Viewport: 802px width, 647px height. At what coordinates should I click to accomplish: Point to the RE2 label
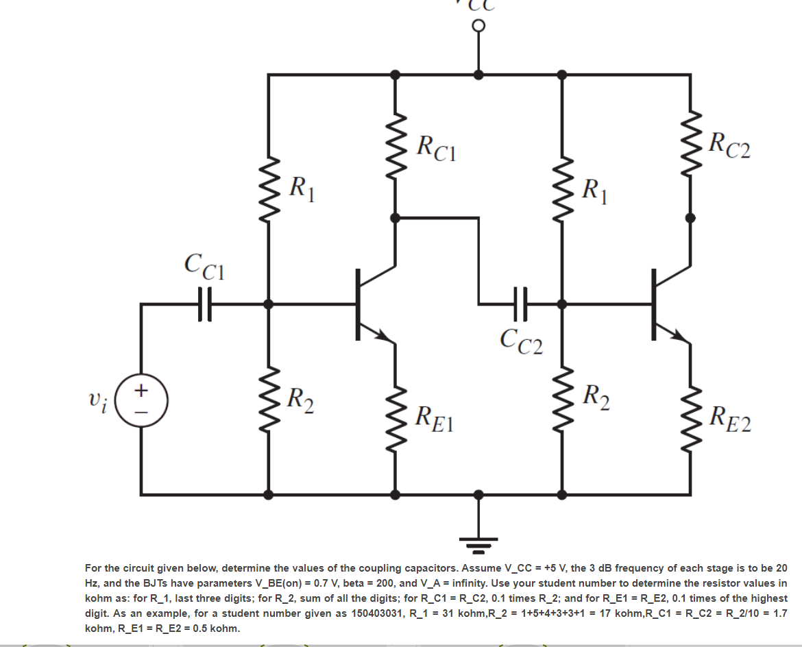(730, 418)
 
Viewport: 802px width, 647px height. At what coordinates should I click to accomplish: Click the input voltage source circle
(141, 400)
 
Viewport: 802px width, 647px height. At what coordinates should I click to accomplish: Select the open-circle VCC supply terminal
(478, 25)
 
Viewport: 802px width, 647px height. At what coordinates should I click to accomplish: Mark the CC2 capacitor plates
(521, 303)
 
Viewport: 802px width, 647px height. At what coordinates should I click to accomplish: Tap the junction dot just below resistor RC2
(690, 218)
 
